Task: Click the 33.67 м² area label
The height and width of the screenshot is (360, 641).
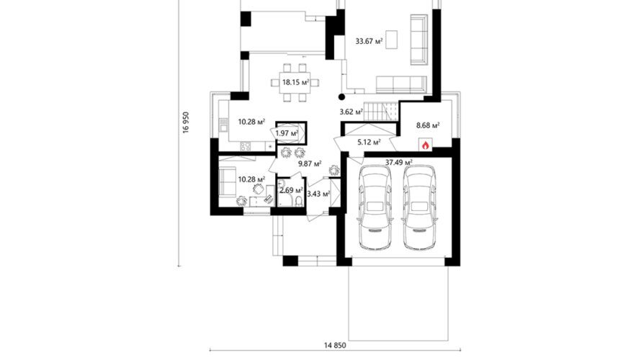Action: (369, 41)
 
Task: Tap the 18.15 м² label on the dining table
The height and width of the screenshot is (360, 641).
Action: (295, 82)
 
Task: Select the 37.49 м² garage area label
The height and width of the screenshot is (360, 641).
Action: (398, 162)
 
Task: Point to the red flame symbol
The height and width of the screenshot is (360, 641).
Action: (425, 145)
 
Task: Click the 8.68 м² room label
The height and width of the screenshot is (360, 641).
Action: (428, 125)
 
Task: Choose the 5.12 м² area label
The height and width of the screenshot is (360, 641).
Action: (369, 143)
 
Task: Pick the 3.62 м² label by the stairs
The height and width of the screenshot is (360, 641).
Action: (351, 112)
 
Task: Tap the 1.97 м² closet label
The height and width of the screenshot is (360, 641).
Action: (287, 133)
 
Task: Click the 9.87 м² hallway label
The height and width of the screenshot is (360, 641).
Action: (310, 164)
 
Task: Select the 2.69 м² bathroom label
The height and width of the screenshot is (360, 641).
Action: (291, 190)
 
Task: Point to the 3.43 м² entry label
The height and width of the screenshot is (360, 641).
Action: (318, 194)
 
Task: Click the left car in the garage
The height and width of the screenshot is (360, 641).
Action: (375, 207)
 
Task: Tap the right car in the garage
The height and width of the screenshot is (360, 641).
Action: (420, 207)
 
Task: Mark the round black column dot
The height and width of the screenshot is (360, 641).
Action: (342, 97)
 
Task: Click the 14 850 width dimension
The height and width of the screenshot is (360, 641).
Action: (335, 346)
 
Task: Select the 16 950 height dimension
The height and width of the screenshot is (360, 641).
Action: (187, 122)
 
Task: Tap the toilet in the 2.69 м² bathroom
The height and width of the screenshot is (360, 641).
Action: (299, 201)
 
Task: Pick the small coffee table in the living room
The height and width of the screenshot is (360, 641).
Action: (392, 39)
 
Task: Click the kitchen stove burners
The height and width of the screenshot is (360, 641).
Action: (246, 146)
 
